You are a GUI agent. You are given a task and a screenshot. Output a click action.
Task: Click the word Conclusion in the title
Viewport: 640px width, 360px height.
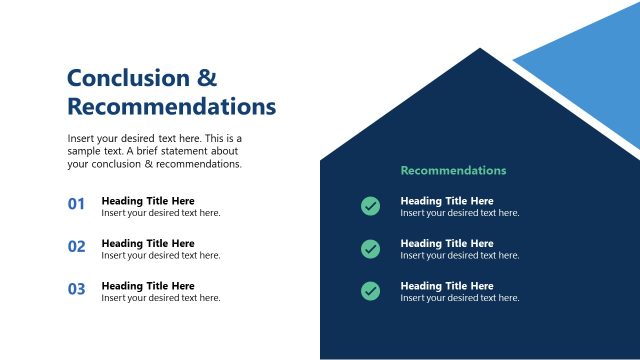point(127,78)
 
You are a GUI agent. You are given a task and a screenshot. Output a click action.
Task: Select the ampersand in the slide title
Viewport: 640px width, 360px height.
point(206,78)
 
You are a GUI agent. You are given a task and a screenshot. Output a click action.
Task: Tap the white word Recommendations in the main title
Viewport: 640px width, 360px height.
point(171,106)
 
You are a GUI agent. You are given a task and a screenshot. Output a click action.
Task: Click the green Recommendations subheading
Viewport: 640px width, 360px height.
point(453,170)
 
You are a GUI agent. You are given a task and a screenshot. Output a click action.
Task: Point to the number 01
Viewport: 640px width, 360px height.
point(77,205)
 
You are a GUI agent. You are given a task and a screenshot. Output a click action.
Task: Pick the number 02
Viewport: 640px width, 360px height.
point(77,247)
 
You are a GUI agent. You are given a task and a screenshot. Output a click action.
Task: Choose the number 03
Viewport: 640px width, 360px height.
point(77,290)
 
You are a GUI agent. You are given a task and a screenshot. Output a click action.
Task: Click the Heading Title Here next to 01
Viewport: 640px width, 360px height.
point(148,200)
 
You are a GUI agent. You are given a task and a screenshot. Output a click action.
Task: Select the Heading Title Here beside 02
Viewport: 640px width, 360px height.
point(148,243)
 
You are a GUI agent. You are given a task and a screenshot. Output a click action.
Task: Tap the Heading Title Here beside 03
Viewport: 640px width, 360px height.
point(148,286)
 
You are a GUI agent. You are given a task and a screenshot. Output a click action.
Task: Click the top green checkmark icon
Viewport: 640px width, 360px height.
point(370,206)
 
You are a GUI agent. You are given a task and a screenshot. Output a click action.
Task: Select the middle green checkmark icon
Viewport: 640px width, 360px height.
point(370,248)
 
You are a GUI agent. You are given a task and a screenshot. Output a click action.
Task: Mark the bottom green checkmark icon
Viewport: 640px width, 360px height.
point(370,291)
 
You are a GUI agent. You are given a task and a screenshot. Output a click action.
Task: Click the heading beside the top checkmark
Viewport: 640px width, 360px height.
point(447,201)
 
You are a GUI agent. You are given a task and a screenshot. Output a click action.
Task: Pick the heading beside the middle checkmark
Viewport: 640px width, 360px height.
point(447,243)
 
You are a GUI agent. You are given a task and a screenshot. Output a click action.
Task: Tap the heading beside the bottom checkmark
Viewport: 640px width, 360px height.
point(447,286)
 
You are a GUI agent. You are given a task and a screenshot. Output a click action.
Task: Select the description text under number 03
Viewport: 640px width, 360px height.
point(161,298)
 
